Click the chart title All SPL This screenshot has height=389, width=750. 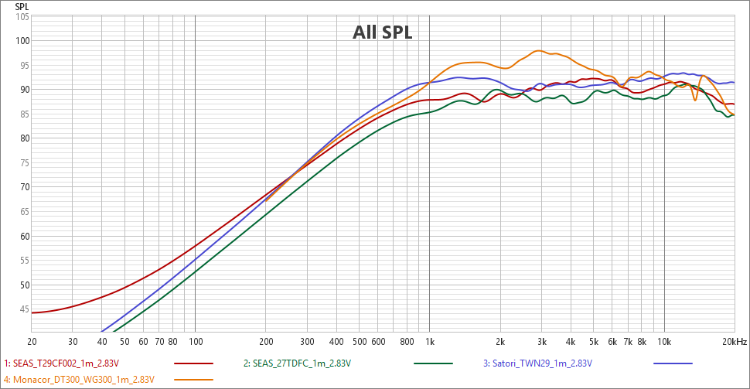click(x=383, y=32)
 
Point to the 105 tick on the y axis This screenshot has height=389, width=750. click(x=22, y=16)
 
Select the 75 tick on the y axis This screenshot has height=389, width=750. click(x=22, y=162)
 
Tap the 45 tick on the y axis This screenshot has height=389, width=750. click(x=22, y=309)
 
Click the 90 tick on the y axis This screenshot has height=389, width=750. click(x=22, y=90)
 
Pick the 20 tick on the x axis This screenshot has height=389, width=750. click(x=32, y=341)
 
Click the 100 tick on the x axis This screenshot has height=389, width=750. click(x=195, y=341)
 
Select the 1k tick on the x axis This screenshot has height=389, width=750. click(x=430, y=341)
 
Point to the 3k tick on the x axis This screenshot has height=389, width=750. click(x=542, y=341)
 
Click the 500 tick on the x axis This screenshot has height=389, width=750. click(x=359, y=341)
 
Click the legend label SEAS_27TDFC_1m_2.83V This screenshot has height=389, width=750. click(x=297, y=363)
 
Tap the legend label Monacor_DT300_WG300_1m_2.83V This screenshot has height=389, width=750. click(x=80, y=379)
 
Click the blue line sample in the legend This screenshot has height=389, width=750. click(x=673, y=363)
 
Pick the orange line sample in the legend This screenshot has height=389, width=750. click(x=194, y=379)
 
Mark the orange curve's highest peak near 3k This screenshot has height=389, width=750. click(x=539, y=51)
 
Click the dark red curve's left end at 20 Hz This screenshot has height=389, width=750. click(x=32, y=312)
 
